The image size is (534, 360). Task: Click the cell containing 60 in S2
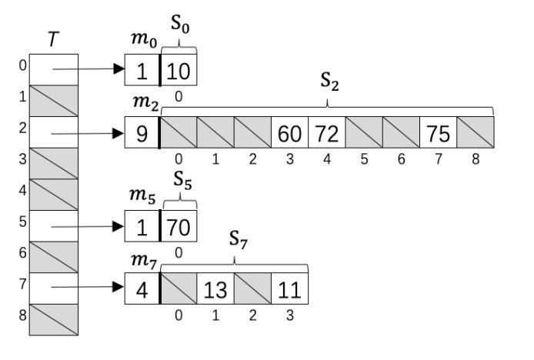(x=289, y=132)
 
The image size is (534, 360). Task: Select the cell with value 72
(x=326, y=132)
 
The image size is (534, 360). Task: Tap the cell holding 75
(x=438, y=132)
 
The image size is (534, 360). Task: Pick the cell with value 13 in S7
(x=215, y=288)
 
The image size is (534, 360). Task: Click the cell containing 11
(x=289, y=288)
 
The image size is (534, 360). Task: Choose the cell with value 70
(x=179, y=226)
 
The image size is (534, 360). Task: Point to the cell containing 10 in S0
(x=179, y=70)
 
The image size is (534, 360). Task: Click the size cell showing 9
(x=142, y=132)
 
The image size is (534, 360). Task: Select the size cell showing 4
(x=142, y=288)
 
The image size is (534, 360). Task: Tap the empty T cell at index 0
(x=53, y=69)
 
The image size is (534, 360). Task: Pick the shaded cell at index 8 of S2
(x=475, y=132)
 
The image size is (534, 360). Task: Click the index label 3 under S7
(x=289, y=314)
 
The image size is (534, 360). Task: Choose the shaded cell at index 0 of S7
(x=178, y=288)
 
